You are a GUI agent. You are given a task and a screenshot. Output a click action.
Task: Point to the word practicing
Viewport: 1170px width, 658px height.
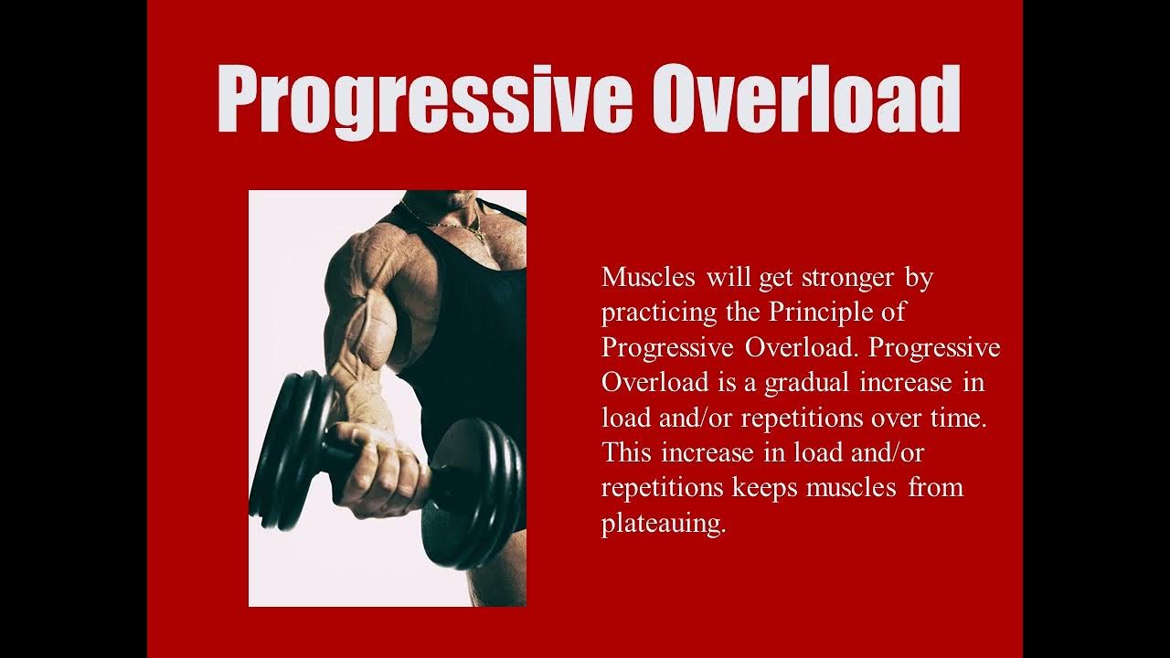pyautogui.click(x=659, y=313)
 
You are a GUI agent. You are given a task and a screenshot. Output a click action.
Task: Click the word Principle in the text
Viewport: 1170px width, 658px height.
pyautogui.click(x=814, y=312)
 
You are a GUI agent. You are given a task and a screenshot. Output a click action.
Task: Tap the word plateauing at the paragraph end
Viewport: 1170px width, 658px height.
pyautogui.click(x=663, y=524)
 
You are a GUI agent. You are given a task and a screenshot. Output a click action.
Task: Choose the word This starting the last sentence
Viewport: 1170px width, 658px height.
pyautogui.click(x=627, y=451)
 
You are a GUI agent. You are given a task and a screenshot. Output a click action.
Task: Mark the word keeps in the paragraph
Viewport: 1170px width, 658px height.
pyautogui.click(x=766, y=487)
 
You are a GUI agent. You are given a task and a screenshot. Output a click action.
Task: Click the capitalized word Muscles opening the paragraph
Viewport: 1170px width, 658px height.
pyautogui.click(x=648, y=277)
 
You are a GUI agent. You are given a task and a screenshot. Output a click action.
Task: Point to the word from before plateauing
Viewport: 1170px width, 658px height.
pyautogui.click(x=935, y=487)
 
